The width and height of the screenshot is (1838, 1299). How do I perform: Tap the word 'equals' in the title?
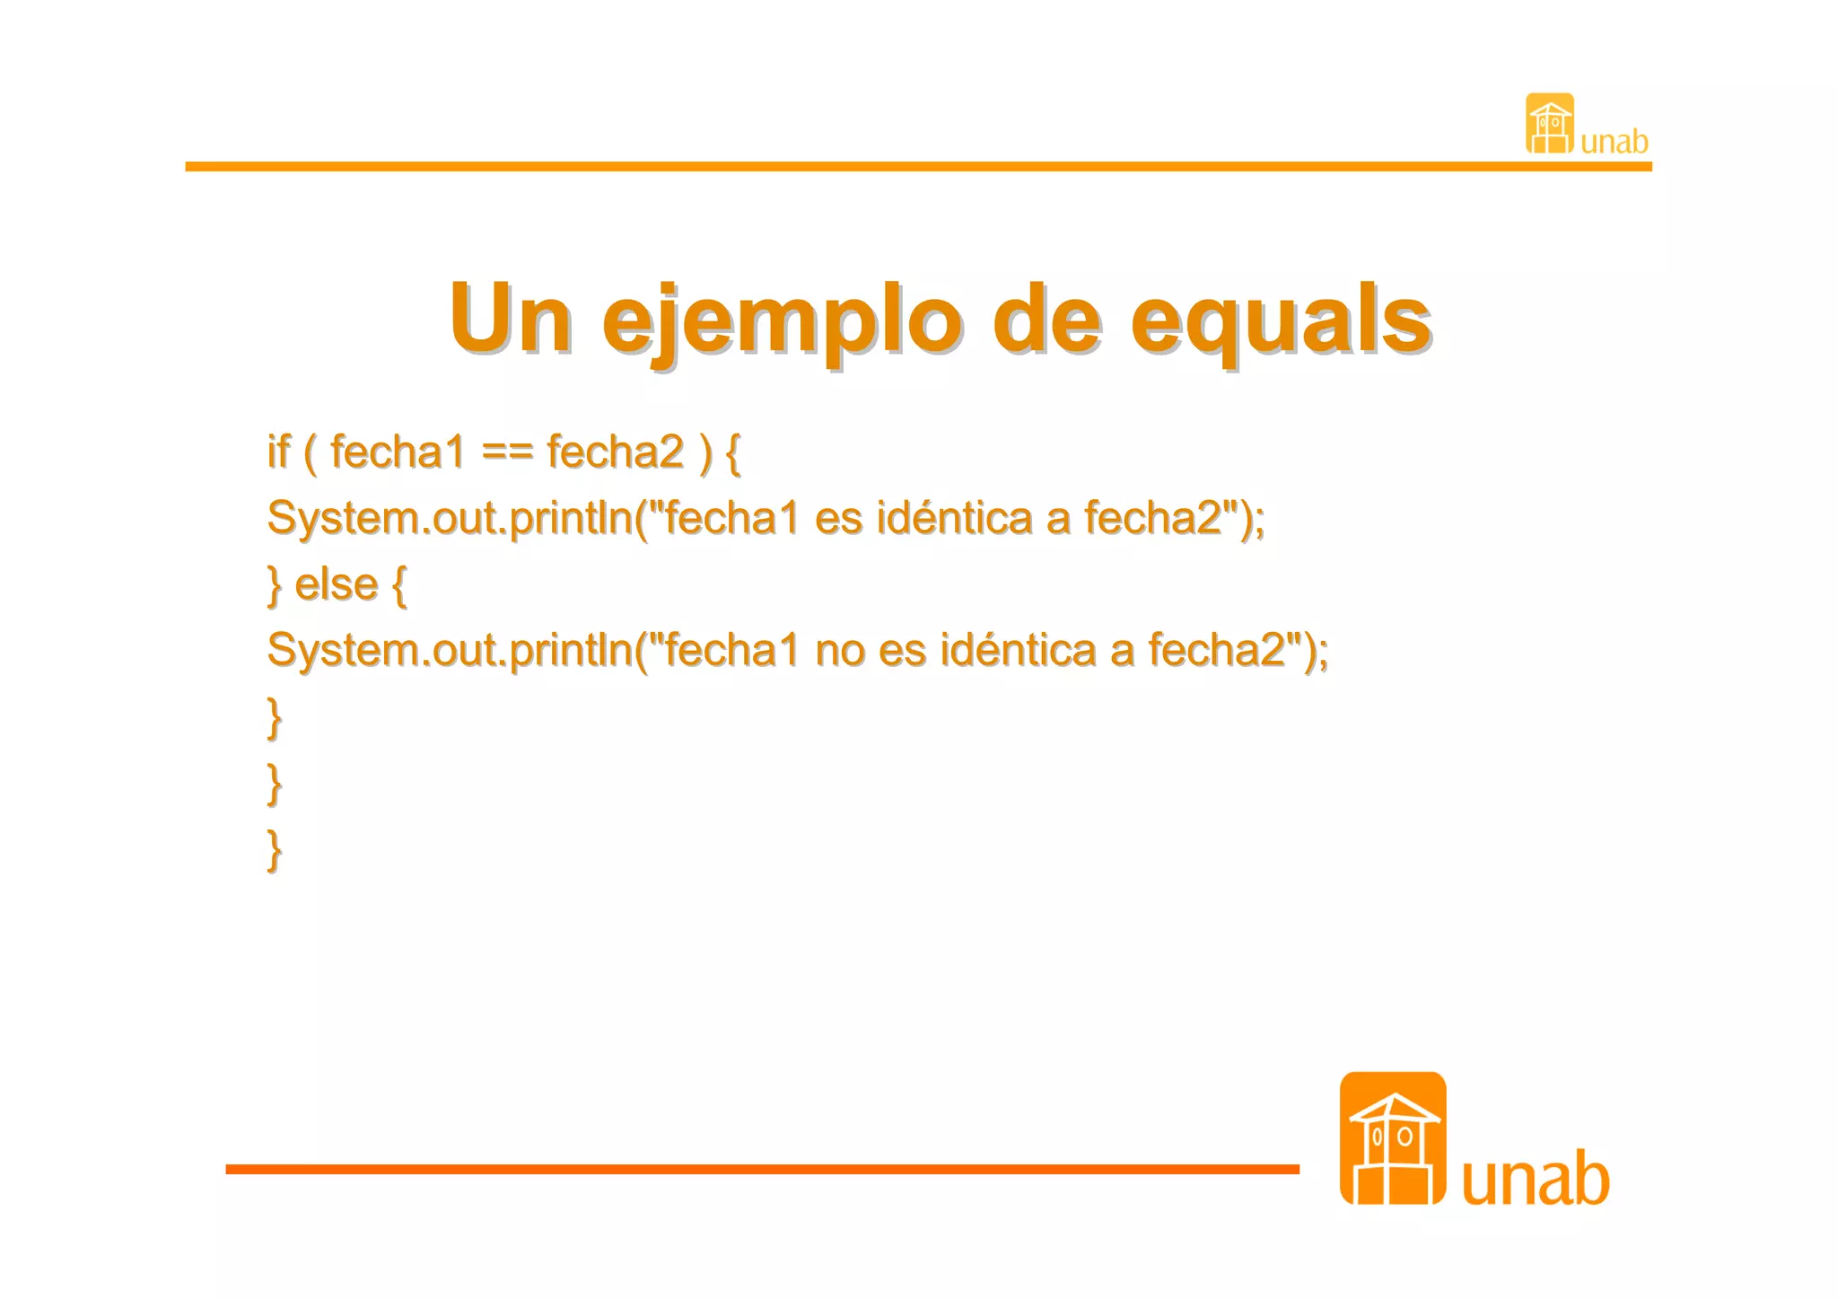pyautogui.click(x=1280, y=321)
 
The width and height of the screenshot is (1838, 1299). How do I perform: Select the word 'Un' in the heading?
pyautogui.click(x=510, y=319)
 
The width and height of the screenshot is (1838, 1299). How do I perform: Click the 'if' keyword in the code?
pyautogui.click(x=279, y=451)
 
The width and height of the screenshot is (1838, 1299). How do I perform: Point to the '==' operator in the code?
pyautogui.click(x=507, y=452)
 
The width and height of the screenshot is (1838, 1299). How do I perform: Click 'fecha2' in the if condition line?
pyautogui.click(x=616, y=452)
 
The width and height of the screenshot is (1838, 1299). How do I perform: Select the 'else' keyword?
pyautogui.click(x=336, y=584)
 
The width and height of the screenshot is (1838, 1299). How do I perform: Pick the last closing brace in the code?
pyautogui.click(x=275, y=849)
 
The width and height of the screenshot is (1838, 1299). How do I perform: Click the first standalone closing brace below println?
pyautogui.click(x=275, y=717)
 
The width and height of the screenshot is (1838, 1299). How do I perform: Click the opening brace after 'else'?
pyautogui.click(x=399, y=584)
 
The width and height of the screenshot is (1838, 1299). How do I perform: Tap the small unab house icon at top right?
pyautogui.click(x=1549, y=124)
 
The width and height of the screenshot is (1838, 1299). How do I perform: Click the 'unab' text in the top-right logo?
pyautogui.click(x=1614, y=142)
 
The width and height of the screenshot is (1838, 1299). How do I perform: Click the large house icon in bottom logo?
pyautogui.click(x=1392, y=1138)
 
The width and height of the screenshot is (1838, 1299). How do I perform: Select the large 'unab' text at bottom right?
pyautogui.click(x=1535, y=1178)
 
